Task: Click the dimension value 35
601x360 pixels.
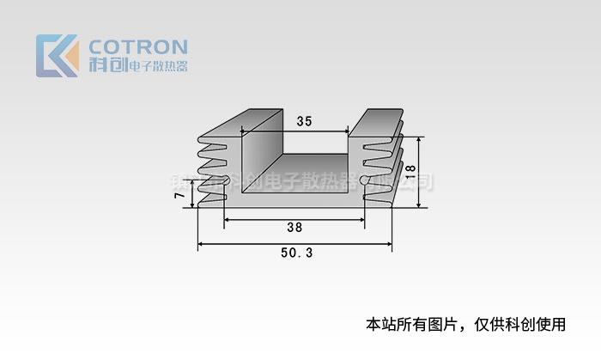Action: pyautogui.click(x=304, y=121)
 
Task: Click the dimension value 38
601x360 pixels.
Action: pyautogui.click(x=294, y=229)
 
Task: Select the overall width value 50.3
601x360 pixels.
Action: pyautogui.click(x=296, y=253)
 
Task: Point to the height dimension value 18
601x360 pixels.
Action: pyautogui.click(x=410, y=171)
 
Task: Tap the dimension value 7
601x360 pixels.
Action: pyautogui.click(x=179, y=196)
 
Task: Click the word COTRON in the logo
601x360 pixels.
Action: pyautogui.click(x=138, y=46)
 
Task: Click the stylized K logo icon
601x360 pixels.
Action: pyautogui.click(x=58, y=56)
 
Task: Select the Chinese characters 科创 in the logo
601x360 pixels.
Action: pyautogui.click(x=106, y=65)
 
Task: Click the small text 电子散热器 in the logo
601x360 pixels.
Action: pyautogui.click(x=157, y=66)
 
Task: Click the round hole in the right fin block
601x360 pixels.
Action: pyautogui.click(x=365, y=180)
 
